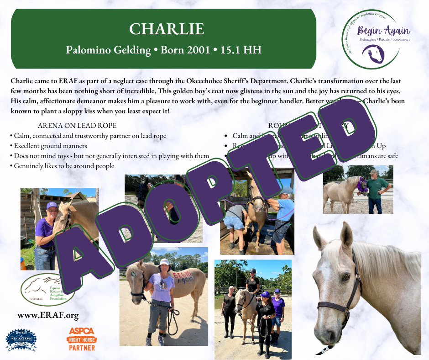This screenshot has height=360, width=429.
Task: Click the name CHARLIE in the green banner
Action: (x=166, y=29)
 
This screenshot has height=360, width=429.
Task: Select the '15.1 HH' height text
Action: (x=242, y=49)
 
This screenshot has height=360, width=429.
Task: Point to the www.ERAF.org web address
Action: (x=48, y=315)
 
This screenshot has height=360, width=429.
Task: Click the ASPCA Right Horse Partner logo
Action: (x=82, y=339)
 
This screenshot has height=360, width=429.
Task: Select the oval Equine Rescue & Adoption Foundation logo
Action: (x=47, y=289)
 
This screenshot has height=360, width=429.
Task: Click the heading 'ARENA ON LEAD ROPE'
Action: (x=77, y=126)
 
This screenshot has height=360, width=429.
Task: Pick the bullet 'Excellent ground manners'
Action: (x=50, y=146)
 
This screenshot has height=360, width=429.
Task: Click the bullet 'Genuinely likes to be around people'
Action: (x=64, y=166)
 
